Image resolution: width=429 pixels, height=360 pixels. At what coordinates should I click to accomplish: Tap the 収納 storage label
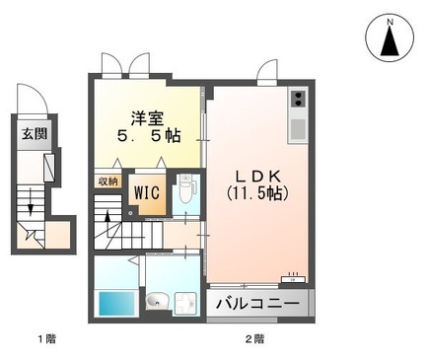107,180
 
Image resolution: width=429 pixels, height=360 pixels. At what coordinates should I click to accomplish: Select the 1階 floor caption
46,339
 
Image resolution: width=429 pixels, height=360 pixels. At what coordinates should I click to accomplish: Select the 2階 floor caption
254,339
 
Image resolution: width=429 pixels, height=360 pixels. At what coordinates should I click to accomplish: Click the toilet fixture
184,190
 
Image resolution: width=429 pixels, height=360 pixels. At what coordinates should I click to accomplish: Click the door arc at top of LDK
267,72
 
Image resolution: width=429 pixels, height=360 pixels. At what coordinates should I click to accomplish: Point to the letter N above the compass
390,20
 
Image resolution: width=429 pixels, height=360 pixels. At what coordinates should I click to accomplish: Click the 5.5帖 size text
147,137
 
